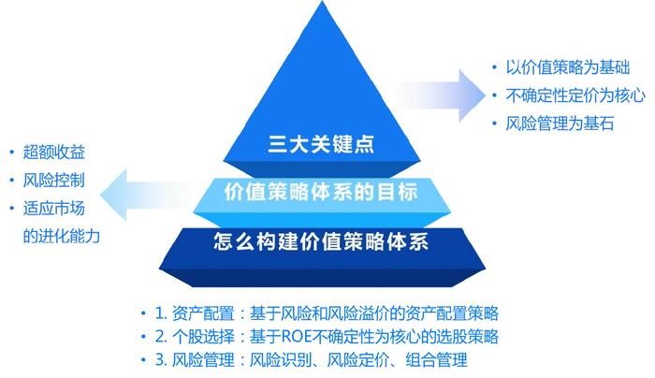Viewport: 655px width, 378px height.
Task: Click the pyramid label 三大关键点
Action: (321, 144)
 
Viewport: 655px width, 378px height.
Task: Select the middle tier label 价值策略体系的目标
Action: (321, 193)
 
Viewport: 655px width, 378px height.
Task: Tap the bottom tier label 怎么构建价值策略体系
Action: (321, 241)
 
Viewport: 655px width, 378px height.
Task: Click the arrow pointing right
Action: (439, 95)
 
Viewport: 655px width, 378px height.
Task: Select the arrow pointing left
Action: (146, 195)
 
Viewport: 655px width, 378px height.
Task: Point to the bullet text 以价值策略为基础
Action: (567, 67)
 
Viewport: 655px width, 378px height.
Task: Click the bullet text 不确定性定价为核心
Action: (575, 95)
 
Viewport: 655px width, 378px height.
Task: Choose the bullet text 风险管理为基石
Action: (560, 124)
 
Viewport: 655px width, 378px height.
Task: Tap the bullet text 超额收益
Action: (54, 152)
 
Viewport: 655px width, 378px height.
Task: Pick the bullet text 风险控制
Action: (54, 181)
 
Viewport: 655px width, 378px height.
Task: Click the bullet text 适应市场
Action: (54, 209)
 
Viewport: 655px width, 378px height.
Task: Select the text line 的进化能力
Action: (62, 237)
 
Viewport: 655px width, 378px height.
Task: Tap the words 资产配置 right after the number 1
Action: (203, 313)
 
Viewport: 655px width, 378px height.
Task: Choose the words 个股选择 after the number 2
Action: (203, 337)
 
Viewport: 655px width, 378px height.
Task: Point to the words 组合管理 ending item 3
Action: (436, 360)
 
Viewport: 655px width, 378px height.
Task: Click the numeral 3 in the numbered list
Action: (159, 360)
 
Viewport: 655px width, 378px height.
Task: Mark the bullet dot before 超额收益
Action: (11, 153)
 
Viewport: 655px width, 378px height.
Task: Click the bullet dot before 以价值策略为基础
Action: (495, 67)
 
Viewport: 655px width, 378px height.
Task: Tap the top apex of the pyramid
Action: (322, 1)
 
